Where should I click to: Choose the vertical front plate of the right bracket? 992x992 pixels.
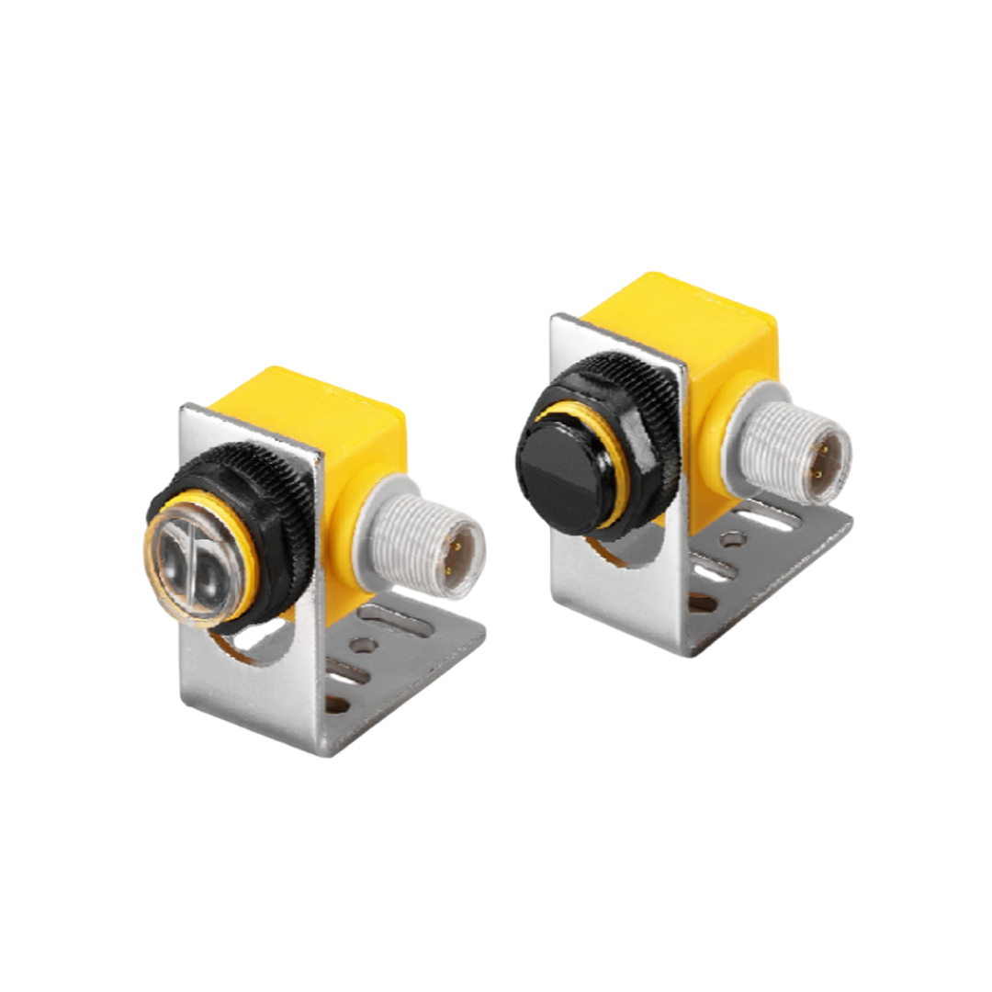(x=625, y=606)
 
